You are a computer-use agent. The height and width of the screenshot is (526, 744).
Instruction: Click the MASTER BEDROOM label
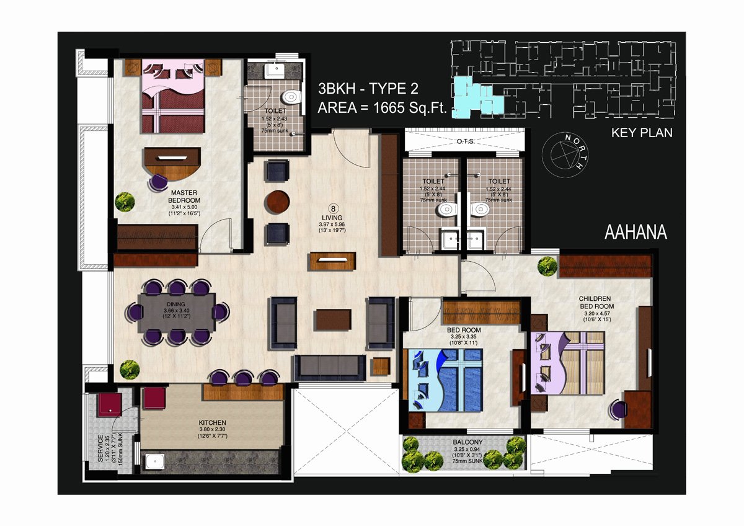[x=184, y=197]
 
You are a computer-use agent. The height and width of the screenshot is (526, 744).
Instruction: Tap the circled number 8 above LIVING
[x=333, y=208]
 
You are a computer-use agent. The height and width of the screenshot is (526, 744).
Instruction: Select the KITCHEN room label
[x=212, y=422]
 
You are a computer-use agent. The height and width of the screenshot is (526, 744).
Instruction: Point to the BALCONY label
[x=467, y=442]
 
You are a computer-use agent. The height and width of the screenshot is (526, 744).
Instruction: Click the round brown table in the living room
[x=277, y=202]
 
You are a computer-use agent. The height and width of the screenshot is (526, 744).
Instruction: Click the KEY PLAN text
[x=642, y=133]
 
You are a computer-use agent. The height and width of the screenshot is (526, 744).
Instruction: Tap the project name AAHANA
[x=635, y=232]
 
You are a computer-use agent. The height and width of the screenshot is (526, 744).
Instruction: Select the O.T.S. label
[x=466, y=141]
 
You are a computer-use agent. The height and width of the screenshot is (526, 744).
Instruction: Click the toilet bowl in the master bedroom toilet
[x=291, y=97]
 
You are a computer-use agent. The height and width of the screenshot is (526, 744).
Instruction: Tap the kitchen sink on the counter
[x=155, y=462]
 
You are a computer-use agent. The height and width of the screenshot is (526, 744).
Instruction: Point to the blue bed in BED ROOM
[x=446, y=380]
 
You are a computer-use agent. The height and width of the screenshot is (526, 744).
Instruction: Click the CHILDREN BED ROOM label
[x=596, y=302]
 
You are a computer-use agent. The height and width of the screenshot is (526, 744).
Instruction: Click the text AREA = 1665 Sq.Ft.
[x=383, y=108]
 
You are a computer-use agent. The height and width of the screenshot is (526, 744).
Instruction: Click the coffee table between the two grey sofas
[x=334, y=319]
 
